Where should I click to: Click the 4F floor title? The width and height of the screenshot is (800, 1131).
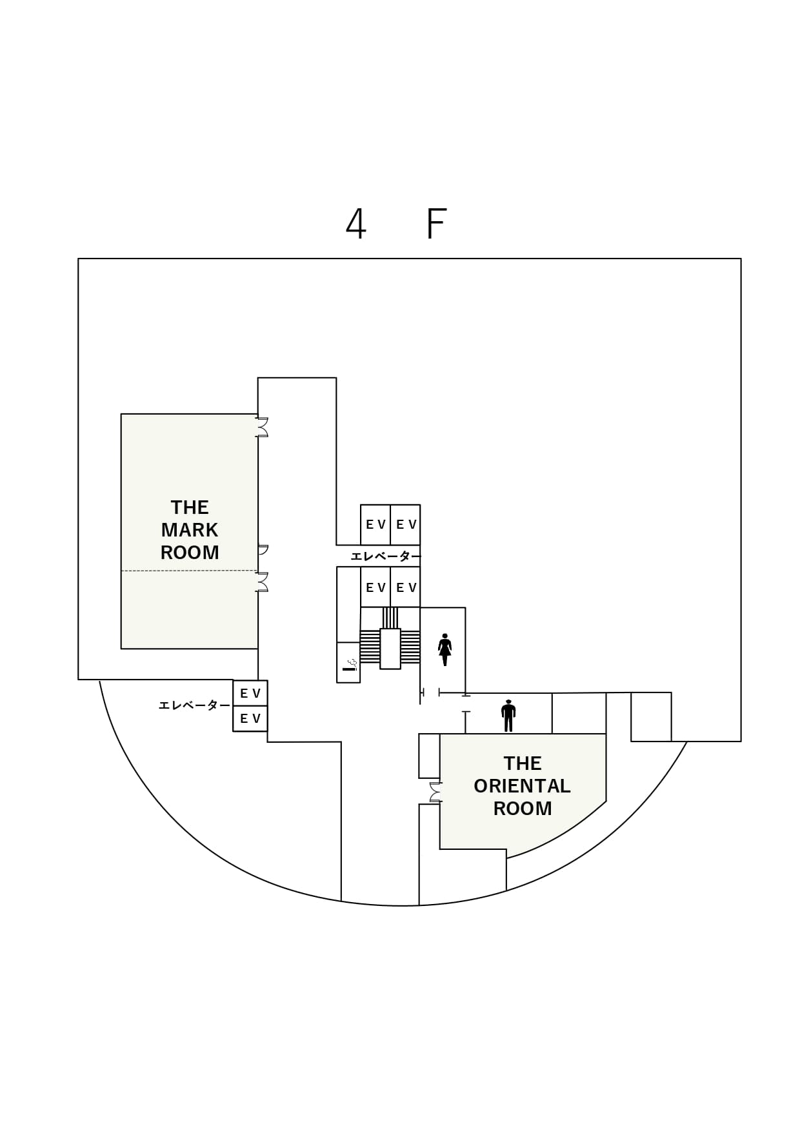coord(396,224)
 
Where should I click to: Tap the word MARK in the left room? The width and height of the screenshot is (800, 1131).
coord(190,530)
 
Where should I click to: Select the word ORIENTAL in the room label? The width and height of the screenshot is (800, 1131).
coord(522,786)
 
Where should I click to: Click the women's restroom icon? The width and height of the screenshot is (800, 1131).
coord(445,649)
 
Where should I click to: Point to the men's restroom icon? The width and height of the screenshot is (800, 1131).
coord(508,716)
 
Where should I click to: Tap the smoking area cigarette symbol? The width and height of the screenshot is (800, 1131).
coord(350,665)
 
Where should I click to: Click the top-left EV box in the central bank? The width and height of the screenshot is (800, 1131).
coord(375,524)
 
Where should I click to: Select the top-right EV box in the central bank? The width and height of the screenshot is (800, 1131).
coord(406,524)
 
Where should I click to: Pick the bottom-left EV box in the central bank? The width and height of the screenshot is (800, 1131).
coord(375,587)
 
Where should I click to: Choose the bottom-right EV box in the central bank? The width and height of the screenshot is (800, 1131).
coord(406,587)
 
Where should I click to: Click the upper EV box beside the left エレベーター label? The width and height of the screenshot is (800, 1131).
coord(250,693)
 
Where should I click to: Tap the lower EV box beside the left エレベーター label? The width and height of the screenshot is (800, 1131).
coord(250,718)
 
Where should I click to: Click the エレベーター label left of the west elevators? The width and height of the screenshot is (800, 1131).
coord(194,705)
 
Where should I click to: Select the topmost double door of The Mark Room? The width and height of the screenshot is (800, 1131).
coord(262,428)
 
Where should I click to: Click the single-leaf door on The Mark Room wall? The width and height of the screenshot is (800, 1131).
coord(262,550)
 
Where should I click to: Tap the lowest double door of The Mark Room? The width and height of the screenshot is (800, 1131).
coord(262,582)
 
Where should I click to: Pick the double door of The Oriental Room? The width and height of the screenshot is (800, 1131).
coord(436,792)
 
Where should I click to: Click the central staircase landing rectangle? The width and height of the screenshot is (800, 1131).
coord(390,648)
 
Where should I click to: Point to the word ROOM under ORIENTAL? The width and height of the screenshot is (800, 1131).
coord(522,809)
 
